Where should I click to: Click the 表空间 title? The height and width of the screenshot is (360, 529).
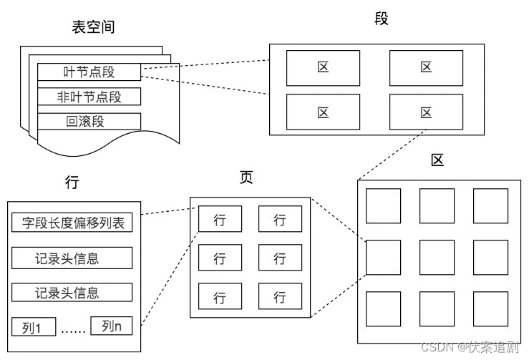click(x=93, y=27)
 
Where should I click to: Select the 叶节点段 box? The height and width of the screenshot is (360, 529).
click(x=89, y=72)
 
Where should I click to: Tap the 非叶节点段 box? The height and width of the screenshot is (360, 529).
click(x=89, y=97)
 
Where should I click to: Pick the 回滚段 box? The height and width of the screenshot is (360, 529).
click(x=89, y=122)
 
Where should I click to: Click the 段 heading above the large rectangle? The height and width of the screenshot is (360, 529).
click(x=382, y=18)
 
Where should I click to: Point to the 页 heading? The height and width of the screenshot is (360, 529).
click(x=246, y=177)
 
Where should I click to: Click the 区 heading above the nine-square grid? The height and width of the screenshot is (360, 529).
click(x=437, y=160)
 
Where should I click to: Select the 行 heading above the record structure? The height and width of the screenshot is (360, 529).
click(x=72, y=182)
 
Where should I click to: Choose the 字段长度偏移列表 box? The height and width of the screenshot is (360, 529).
click(x=72, y=223)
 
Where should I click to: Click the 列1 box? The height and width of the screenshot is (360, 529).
click(x=34, y=326)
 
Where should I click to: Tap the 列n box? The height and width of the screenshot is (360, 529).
click(x=112, y=326)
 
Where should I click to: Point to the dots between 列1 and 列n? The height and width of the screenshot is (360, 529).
click(x=73, y=331)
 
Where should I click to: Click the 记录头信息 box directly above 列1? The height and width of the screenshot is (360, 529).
click(x=72, y=292)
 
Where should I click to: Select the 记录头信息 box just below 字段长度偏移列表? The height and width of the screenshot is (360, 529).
click(x=72, y=258)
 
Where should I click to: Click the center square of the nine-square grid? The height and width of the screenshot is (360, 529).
click(x=437, y=258)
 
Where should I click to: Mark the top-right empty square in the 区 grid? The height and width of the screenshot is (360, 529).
click(x=490, y=206)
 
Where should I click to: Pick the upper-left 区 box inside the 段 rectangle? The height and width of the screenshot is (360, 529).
click(x=324, y=68)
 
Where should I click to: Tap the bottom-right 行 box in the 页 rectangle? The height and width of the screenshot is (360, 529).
click(x=280, y=296)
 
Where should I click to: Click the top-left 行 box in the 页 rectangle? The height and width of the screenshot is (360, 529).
click(x=220, y=219)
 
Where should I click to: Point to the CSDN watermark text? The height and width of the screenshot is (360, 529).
click(x=470, y=346)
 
